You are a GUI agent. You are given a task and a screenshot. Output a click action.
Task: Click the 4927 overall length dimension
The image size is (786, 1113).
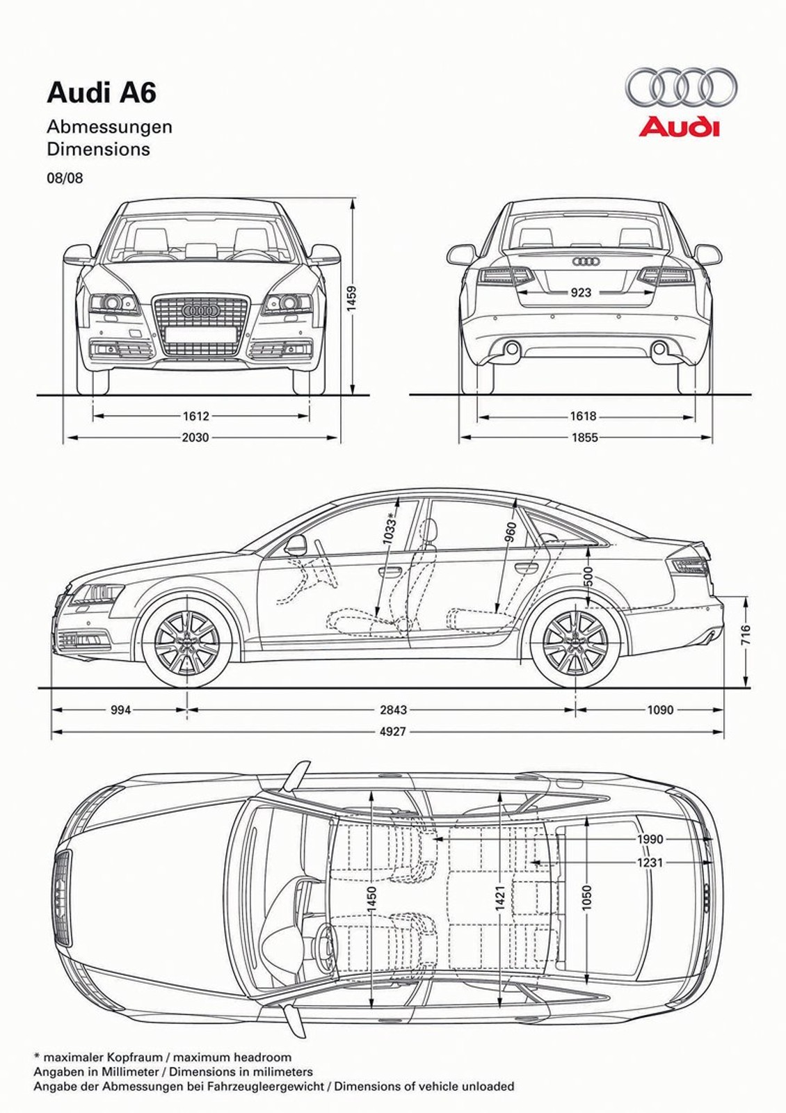point(393,731)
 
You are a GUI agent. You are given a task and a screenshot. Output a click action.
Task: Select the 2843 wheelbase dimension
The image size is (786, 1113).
point(393,710)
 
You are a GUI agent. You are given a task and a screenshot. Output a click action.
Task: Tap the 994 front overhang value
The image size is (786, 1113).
point(120,710)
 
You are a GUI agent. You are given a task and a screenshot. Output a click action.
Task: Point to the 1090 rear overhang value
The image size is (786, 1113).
point(660,710)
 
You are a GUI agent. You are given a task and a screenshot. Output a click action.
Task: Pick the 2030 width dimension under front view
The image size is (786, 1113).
point(195,438)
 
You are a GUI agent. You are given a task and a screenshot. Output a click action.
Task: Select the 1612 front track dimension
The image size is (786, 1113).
point(195,416)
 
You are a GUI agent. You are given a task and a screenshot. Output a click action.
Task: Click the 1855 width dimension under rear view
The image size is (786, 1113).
point(584,438)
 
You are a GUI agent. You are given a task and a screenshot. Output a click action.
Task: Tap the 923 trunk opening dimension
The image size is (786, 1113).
point(581,292)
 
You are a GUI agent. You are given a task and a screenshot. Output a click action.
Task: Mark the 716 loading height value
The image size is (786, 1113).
point(746,635)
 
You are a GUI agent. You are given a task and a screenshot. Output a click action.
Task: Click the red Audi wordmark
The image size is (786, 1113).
point(679,127)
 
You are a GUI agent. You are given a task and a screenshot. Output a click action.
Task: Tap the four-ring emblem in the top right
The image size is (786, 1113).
point(680,87)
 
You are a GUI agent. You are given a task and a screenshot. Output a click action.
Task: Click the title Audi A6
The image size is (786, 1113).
point(102,93)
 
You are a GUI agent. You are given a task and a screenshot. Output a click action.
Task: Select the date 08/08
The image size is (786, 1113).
point(65,178)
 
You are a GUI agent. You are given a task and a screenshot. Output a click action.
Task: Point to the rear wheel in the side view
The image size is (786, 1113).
point(575,641)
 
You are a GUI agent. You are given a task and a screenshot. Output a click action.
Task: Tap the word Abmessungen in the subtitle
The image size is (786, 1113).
point(109,127)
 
